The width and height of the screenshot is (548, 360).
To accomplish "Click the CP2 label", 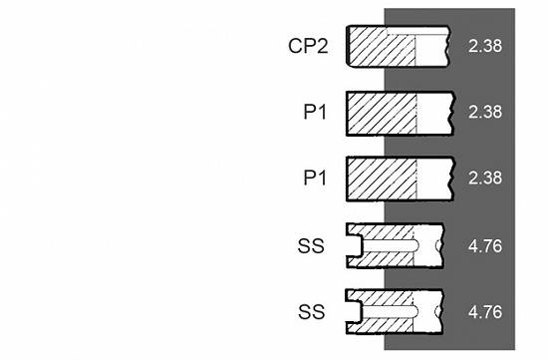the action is coord(308,46).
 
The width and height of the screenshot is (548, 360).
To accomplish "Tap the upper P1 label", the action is coord(315,112).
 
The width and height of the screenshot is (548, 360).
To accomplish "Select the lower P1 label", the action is coord(315,178).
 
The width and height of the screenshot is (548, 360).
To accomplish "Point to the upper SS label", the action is coord(311,245).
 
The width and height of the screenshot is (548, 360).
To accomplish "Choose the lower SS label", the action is coord(311,311).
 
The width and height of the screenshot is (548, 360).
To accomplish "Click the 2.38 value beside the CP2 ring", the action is coord(485,46).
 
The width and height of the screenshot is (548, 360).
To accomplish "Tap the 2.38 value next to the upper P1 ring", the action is coord(485,112).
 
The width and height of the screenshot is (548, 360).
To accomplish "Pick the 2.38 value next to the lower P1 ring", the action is coord(485,178).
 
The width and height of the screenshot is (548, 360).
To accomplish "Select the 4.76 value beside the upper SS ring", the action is coord(485,246).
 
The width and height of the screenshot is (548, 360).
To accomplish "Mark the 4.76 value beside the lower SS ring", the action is coord(485,312).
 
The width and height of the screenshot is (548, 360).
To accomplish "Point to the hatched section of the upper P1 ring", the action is coord(382,114).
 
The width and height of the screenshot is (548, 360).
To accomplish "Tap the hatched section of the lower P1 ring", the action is coord(382,180).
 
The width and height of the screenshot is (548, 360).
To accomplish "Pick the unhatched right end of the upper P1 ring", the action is coord(434,114).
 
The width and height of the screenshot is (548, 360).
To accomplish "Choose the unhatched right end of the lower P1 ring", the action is coord(434,180).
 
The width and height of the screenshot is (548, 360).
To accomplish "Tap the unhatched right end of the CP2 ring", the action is coord(432,50).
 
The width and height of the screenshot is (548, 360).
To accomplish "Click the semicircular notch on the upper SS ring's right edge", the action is coord(439,245).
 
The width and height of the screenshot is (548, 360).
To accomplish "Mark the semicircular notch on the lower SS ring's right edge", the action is coord(439,311).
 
